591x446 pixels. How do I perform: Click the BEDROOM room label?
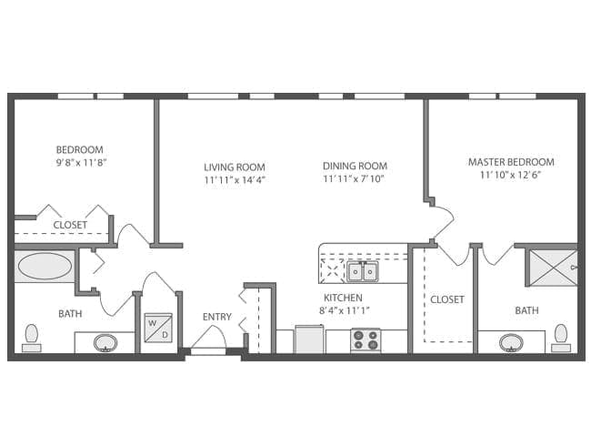pos(79,150)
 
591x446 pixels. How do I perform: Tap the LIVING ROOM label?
pos(234,167)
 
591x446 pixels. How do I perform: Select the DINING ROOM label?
pos(355,167)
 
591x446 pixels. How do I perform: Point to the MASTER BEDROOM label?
pos(511,162)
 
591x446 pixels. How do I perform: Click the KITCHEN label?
pos(343,298)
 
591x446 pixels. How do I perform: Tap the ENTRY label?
pos(216,317)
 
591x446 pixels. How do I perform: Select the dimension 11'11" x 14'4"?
pos(234,179)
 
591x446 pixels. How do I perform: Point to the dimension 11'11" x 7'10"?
pos(355,179)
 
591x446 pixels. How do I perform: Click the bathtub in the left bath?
pos(45,267)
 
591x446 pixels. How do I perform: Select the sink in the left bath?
pos(106,342)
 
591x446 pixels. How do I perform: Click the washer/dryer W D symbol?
pos(157,329)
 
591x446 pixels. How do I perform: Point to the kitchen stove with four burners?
pos(366,340)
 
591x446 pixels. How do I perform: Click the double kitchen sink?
pos(363,271)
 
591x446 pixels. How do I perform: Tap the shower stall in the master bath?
pos(550,267)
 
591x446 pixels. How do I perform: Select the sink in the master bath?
pos(510,342)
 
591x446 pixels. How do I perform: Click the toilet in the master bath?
pos(560,338)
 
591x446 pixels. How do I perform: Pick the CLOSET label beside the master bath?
pos(446,299)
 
